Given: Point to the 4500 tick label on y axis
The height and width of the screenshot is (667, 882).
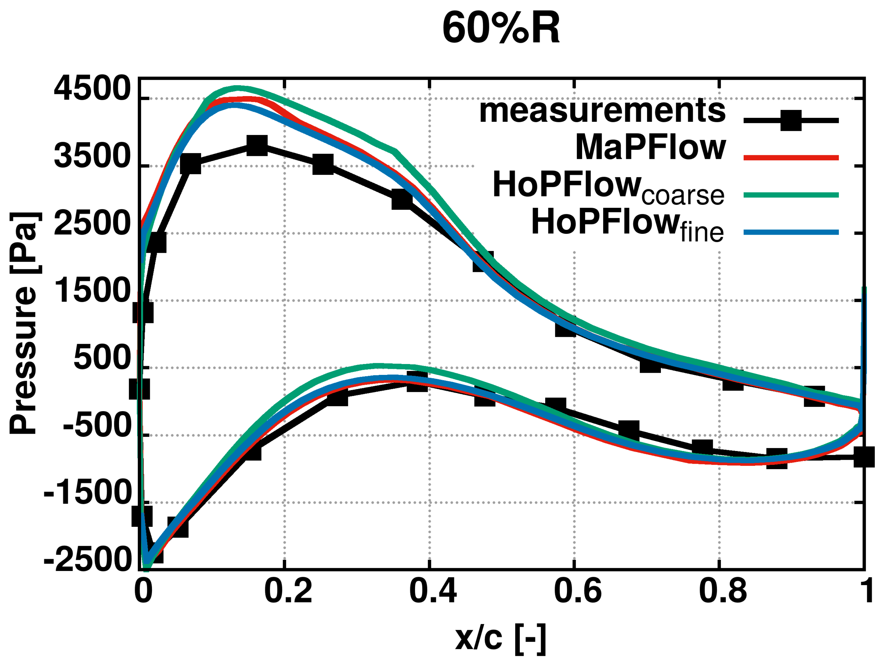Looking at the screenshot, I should pyautogui.click(x=92, y=89).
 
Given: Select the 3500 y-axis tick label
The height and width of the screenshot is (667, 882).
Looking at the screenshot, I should pyautogui.click(x=92, y=156).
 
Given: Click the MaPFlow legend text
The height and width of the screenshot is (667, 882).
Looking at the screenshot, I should pyautogui.click(x=650, y=147).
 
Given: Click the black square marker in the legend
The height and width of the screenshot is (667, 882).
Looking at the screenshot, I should pyautogui.click(x=791, y=120).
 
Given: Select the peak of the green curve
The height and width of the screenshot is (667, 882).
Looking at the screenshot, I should pyautogui.click(x=237, y=88).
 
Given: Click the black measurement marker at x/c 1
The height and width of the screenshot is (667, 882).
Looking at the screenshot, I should pyautogui.click(x=864, y=457).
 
